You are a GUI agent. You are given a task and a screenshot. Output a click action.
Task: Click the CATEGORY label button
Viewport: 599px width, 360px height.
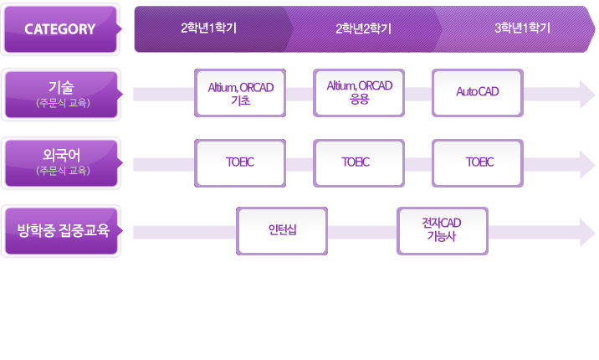60,29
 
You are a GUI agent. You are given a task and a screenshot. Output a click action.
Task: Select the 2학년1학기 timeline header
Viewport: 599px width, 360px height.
209,28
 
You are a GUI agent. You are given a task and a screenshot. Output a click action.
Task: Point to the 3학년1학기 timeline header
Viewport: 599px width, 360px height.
522,28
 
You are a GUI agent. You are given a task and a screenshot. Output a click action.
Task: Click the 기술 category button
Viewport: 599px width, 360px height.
61,87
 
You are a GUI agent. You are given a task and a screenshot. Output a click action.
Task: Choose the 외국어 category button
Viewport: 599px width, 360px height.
61,155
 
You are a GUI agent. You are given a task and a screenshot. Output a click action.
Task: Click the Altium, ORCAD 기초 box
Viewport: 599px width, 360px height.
240,93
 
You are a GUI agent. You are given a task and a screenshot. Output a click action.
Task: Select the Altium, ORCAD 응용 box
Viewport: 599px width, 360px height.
359,91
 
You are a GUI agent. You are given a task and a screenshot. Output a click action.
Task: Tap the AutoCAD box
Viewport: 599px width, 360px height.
478,92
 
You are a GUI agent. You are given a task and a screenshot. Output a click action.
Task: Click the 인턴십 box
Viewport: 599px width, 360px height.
282,231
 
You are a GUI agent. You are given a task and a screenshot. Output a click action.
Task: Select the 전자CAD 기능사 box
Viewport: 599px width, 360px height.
442,230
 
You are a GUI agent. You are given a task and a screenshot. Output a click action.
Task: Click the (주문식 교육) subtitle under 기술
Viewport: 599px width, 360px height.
63,103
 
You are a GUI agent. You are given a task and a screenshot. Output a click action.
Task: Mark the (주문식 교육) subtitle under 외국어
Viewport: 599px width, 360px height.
63,171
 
